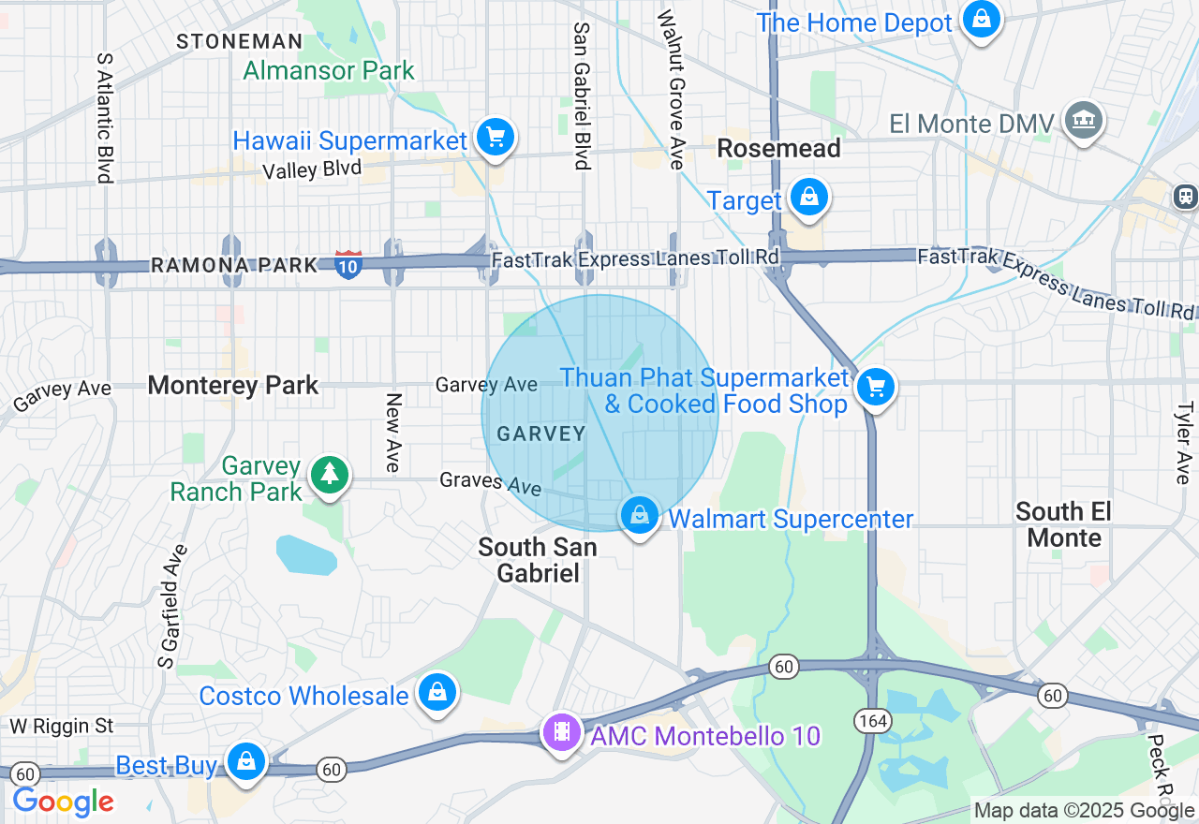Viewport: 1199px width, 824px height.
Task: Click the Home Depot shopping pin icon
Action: pos(981,19)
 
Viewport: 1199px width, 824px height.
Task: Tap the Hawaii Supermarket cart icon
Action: pos(495,138)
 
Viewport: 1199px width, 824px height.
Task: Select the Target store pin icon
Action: pos(807,198)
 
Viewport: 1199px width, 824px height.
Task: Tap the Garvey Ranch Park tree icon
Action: pos(329,475)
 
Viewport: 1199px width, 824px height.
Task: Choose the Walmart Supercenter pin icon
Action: pos(640,515)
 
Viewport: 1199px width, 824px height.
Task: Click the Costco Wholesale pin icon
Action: pos(437,693)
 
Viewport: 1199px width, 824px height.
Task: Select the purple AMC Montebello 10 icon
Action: pos(561,731)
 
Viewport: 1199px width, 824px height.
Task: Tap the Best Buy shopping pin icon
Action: pos(246,761)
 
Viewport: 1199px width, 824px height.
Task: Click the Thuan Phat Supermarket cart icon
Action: pos(876,387)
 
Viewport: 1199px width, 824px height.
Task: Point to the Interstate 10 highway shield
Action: pos(348,264)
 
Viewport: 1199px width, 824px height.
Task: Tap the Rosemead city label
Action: pos(778,148)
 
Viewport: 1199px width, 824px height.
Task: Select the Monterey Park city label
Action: pos(233,385)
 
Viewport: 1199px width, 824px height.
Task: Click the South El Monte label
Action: pos(1063,524)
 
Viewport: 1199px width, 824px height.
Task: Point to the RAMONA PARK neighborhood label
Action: pos(234,266)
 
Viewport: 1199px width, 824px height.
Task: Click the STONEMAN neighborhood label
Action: pos(240,41)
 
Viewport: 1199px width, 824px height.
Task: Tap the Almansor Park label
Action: pos(329,70)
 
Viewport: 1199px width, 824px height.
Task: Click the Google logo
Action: pos(63,802)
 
